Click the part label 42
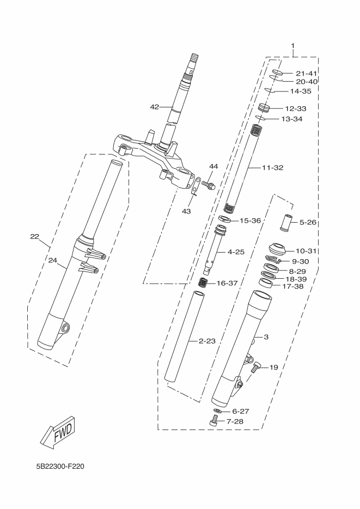pos(155,107)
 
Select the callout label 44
pos(213,166)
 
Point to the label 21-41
pos(307,73)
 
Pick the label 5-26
pos(308,222)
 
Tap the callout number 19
pos(273,367)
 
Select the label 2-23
pos(207,341)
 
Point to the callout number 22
pos(35,237)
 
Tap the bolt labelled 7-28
pos(213,420)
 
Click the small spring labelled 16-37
pos(203,283)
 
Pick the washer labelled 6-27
pos(217,410)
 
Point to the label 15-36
pos(250,221)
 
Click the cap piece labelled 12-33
pos(264,108)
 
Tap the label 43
pos(186,211)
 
